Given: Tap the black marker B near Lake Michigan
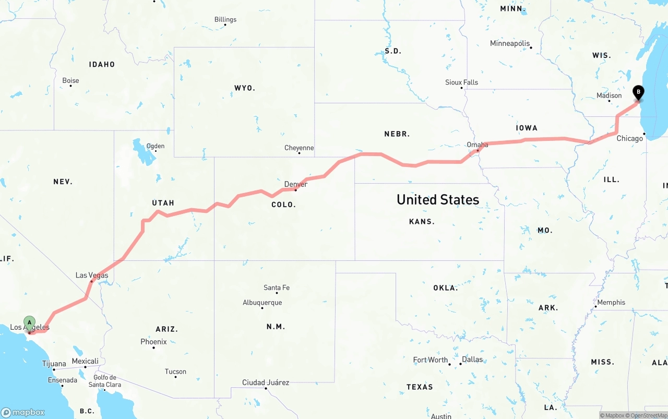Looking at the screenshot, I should pyautogui.click(x=638, y=92).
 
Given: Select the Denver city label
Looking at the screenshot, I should pyautogui.click(x=295, y=184).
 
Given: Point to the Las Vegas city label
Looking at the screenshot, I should pyautogui.click(x=92, y=275).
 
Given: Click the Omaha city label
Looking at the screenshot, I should pyautogui.click(x=478, y=145).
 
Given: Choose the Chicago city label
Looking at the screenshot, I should pyautogui.click(x=629, y=138).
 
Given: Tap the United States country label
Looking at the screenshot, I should pyautogui.click(x=438, y=199).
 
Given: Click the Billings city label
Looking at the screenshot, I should pyautogui.click(x=225, y=20).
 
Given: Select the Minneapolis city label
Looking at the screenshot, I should pyautogui.click(x=509, y=43).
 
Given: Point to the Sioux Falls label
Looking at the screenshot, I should pyautogui.click(x=461, y=82).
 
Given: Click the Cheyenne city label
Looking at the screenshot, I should pyautogui.click(x=299, y=148).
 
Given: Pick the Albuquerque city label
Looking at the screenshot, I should pyautogui.click(x=262, y=303).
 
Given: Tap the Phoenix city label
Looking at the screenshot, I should pyautogui.click(x=153, y=342).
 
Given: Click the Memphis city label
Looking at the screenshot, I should pyautogui.click(x=611, y=303).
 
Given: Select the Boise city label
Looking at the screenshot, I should pyautogui.click(x=70, y=81).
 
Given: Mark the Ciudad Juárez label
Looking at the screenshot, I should pyautogui.click(x=266, y=382).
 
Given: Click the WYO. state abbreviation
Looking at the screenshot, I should pyautogui.click(x=245, y=88).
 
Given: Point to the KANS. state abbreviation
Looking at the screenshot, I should pyautogui.click(x=422, y=222).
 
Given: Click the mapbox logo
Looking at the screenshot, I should pyautogui.click(x=23, y=412).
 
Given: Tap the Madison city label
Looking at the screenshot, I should pyautogui.click(x=609, y=95).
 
